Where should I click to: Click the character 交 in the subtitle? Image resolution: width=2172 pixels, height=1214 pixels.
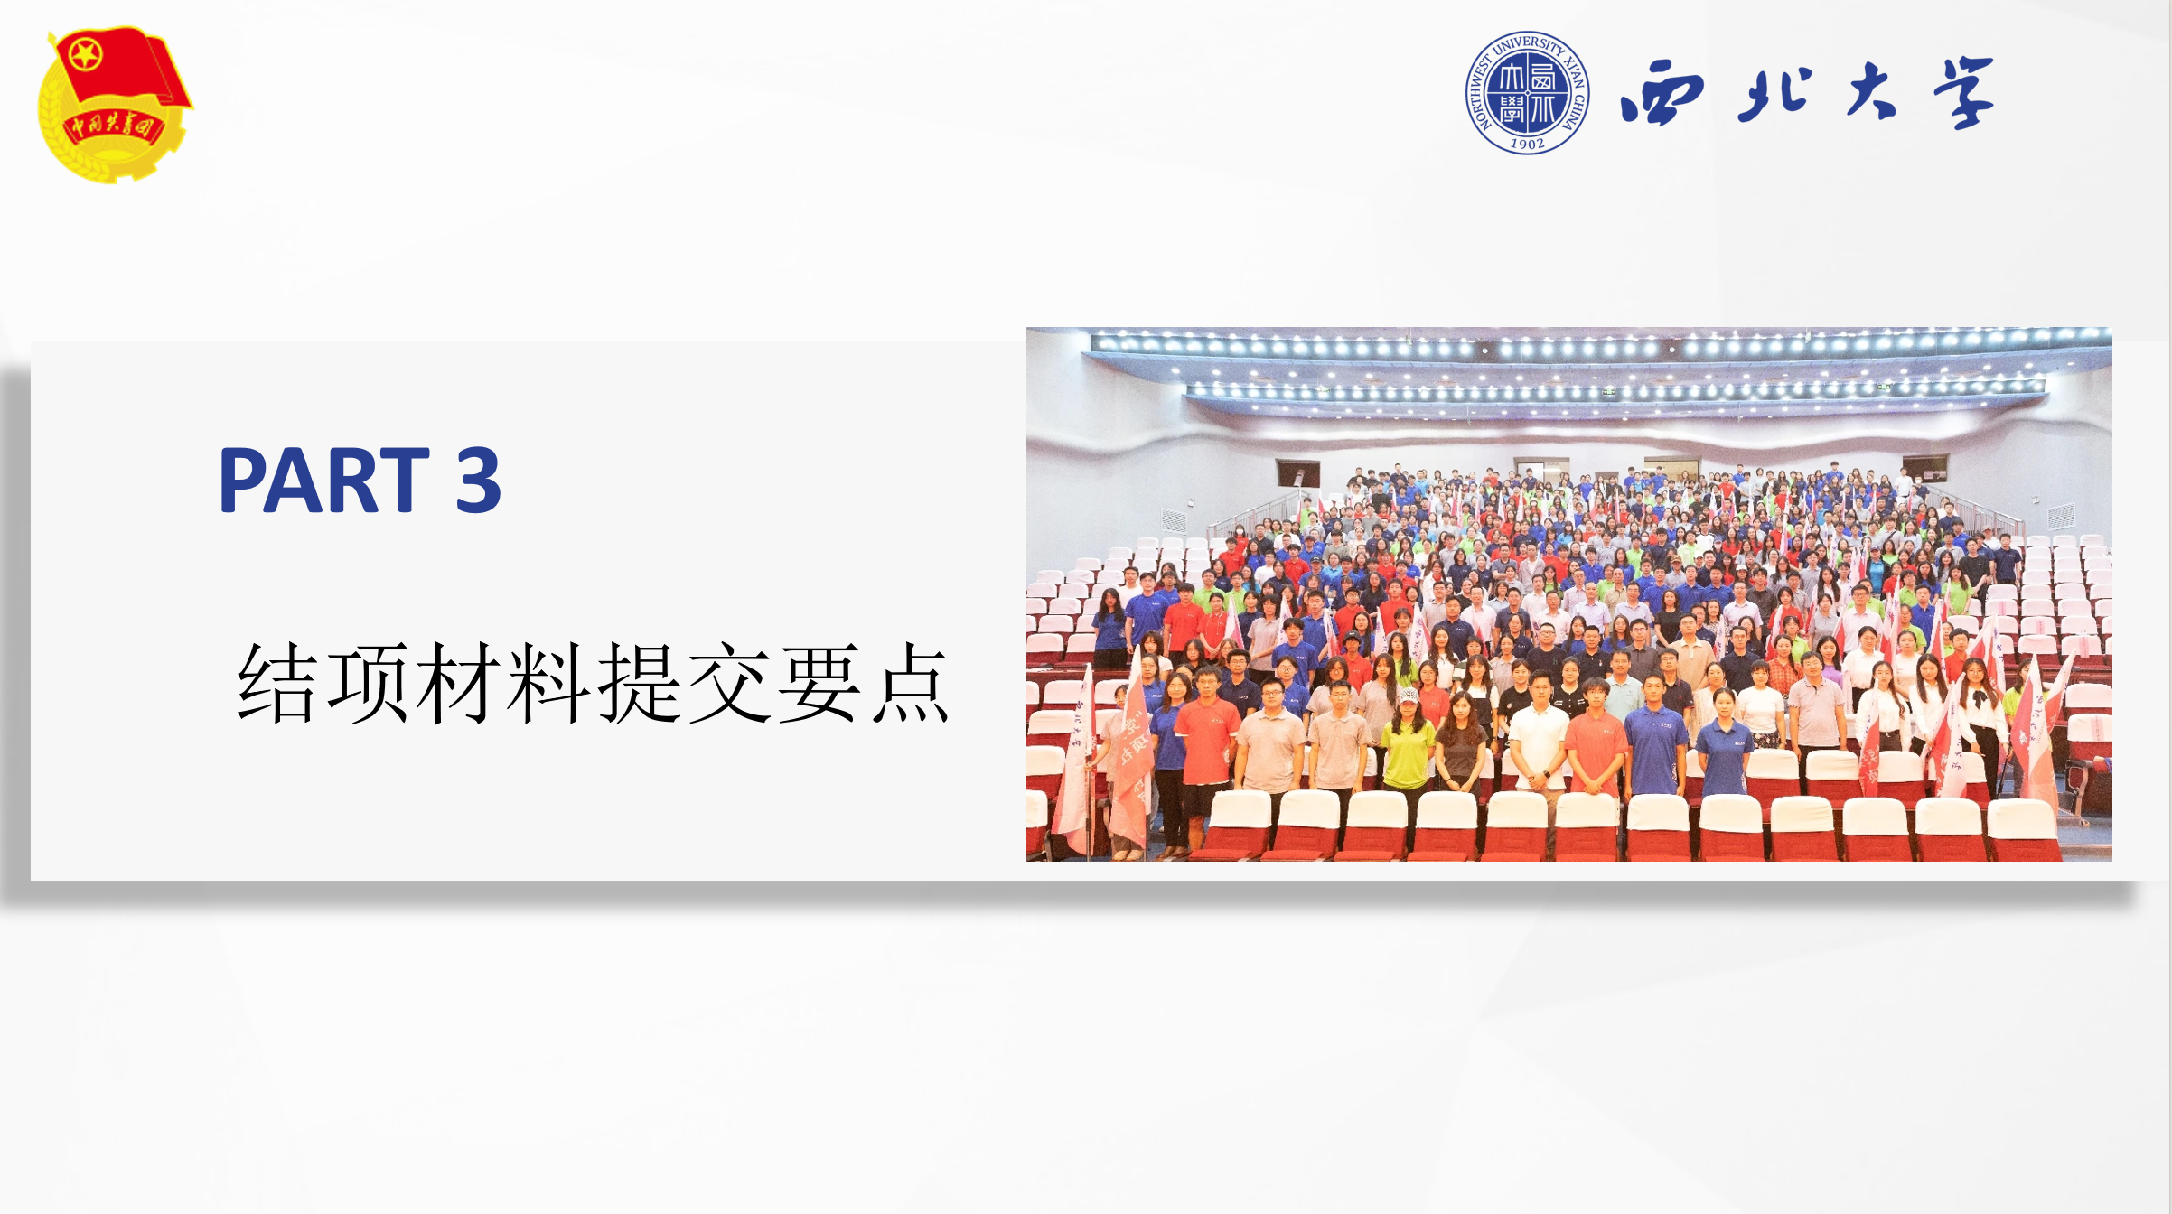pyautogui.click(x=729, y=683)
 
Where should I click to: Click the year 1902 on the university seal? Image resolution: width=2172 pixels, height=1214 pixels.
pyautogui.click(x=1528, y=144)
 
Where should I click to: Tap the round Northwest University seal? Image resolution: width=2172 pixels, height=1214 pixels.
pyautogui.click(x=1528, y=92)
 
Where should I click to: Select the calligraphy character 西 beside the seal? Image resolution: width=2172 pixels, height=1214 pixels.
pyautogui.click(x=1662, y=92)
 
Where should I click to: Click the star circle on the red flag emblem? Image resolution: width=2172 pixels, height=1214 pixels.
pyautogui.click(x=85, y=56)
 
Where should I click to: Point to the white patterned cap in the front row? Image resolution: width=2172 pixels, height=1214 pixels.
pyautogui.click(x=1407, y=696)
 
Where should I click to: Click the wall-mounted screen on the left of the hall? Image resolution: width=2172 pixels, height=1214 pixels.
pyautogui.click(x=1297, y=473)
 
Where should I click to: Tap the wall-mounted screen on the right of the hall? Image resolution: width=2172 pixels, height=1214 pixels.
pyautogui.click(x=1924, y=469)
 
